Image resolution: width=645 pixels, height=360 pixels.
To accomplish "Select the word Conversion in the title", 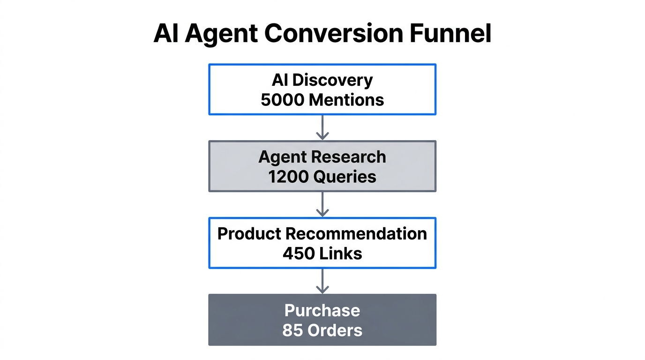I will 333,33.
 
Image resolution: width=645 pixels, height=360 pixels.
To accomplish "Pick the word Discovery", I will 332,80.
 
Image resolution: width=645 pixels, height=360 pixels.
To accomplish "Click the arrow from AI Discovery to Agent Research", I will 322,127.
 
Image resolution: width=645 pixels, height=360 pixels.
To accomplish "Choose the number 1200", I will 288,177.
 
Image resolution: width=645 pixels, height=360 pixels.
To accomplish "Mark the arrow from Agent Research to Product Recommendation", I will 322,204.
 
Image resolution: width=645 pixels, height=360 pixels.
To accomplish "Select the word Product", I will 249,234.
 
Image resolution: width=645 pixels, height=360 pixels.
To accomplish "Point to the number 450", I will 298,254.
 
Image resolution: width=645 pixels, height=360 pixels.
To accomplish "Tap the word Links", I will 341,254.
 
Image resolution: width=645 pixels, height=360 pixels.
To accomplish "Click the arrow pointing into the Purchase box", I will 322,281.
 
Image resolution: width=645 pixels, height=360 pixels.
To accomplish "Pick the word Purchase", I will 322,310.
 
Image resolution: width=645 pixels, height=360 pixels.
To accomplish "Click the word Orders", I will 335,330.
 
